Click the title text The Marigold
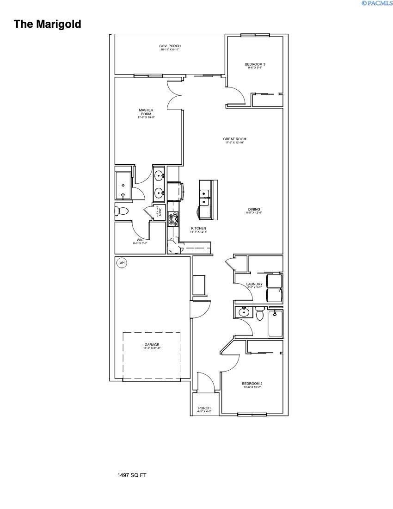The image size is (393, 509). click(47, 24)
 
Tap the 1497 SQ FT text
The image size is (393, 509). click(132, 475)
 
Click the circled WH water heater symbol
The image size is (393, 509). click(122, 263)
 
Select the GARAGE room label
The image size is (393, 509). click(151, 345)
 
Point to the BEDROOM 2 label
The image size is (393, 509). click(252, 384)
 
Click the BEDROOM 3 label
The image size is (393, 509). click(255, 64)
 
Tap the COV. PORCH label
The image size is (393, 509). click(170, 46)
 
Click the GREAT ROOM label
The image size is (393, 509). click(234, 139)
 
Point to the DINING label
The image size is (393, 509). click(254, 209)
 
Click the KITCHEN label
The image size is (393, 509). click(198, 229)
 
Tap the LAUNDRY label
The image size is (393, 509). click(254, 284)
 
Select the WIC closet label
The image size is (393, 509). click(140, 240)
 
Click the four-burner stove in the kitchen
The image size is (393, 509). click(174, 217)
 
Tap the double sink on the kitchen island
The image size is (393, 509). click(204, 198)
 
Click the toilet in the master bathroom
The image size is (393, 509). click(122, 211)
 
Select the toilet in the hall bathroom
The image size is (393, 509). click(260, 314)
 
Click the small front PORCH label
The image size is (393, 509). click(204, 408)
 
